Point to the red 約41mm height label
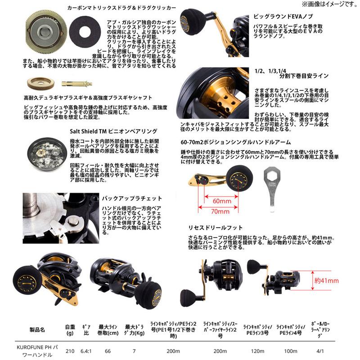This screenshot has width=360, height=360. pos(326,280)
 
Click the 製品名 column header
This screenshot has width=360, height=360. pos(37,329)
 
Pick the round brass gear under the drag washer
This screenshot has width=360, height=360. pos(37,83)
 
